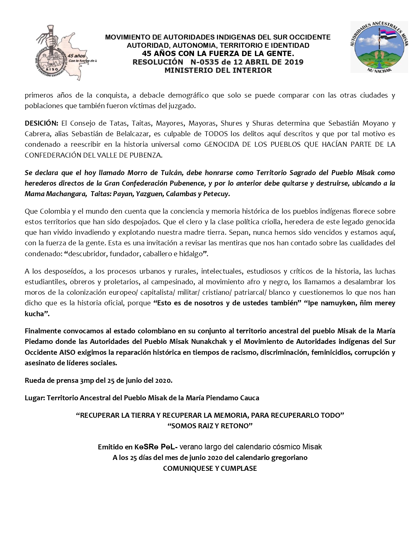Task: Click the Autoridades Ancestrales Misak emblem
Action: [379, 47]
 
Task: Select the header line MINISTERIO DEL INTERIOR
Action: [218, 70]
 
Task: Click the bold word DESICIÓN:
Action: [42, 123]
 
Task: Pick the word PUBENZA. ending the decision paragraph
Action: [148, 155]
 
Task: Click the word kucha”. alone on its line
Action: [37, 314]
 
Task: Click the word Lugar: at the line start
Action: [35, 398]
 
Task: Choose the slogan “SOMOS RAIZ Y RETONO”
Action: [210, 426]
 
